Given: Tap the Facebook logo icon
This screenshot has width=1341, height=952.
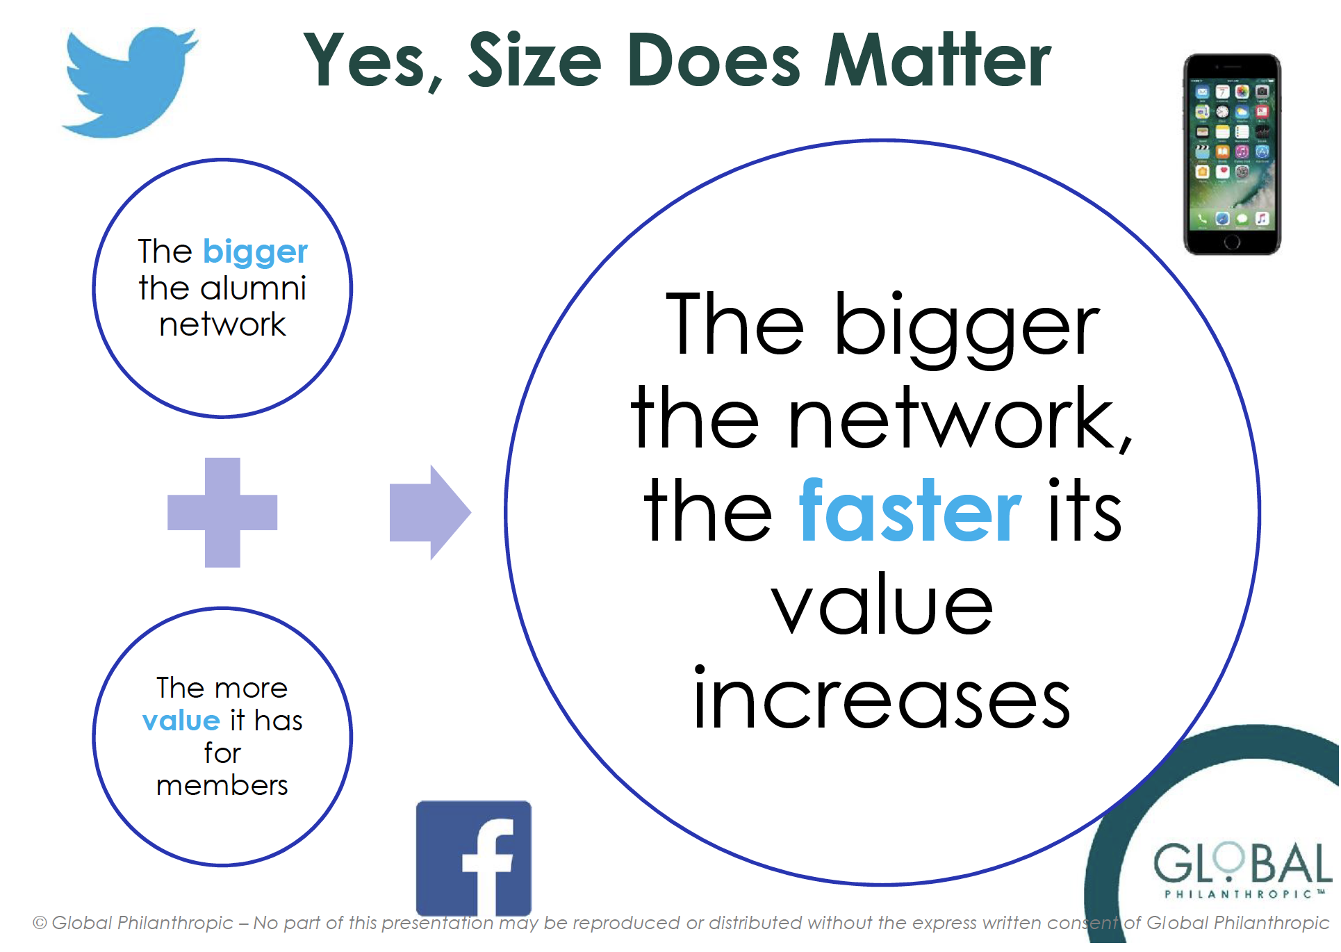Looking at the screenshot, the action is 474,859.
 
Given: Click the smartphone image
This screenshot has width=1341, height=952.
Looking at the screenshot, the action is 1232,154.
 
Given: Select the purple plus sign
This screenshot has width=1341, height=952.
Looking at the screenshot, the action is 222,513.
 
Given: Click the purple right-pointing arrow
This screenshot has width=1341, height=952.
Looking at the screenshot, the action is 431,513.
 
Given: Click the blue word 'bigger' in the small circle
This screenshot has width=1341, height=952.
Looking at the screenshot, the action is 255,253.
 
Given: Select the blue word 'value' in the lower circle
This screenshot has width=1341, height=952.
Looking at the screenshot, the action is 181,721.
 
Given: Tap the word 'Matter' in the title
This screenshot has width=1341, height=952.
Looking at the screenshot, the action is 937,61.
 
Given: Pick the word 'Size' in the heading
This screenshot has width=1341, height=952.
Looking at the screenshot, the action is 535,61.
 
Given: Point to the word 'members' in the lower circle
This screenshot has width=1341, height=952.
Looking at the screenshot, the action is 222,785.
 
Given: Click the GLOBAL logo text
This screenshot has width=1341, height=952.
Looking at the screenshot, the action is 1242,863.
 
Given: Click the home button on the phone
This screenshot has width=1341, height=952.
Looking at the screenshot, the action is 1232,242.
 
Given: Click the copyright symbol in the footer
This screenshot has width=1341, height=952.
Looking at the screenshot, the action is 40,923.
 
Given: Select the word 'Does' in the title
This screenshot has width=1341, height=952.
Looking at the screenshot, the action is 714,61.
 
